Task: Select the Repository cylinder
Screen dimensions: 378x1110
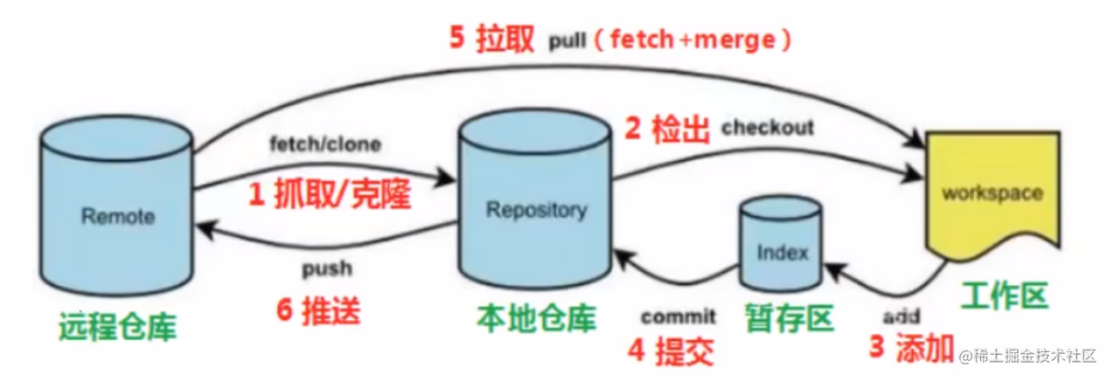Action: pos(535,209)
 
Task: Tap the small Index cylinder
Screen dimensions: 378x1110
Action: pos(782,251)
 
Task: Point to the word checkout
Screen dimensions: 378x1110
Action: pos(768,128)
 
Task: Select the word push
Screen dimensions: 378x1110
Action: pos(327,269)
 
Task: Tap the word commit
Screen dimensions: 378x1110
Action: pos(678,317)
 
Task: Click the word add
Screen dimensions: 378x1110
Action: pos(901,315)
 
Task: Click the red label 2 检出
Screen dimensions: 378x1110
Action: pos(667,131)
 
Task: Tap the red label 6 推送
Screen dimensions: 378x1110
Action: pos(318,310)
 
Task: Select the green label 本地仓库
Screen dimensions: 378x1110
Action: pos(536,319)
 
